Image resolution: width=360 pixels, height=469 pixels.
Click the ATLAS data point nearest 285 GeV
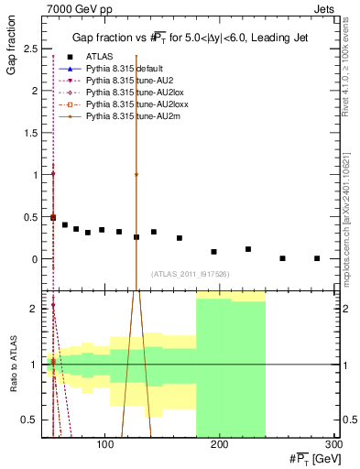pyautogui.click(x=317, y=258)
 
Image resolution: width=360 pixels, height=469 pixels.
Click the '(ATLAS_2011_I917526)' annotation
pyautogui.click(x=191, y=274)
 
